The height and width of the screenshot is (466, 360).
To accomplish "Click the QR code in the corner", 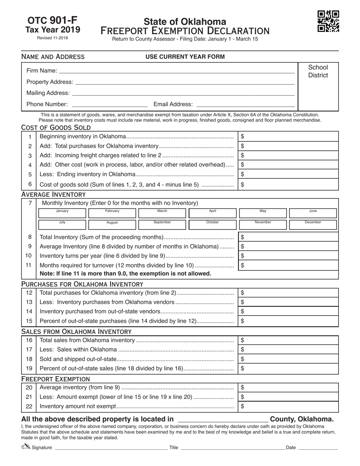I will pos(328,21).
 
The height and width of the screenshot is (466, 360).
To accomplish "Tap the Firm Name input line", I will pos(177,70).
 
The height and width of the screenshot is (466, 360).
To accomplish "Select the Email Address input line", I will pos(245,105).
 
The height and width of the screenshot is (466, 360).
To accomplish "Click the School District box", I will pos(318,86).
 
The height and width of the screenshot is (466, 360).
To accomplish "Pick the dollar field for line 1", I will pos(288,136).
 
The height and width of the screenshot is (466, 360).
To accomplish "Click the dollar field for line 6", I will pos(288,185).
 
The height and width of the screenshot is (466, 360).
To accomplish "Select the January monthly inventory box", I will pos(62,213).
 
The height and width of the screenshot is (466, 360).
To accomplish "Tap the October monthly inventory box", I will pos(212,225).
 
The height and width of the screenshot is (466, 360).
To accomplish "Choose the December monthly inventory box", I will pos(313,225).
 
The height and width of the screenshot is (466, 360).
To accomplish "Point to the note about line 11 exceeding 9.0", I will pos(125,274).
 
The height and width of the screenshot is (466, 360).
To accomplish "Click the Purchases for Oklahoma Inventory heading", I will pos(82,284).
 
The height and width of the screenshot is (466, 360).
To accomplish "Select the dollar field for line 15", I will pos(288,321).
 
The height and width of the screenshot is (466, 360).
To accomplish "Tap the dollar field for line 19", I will pos(288,368).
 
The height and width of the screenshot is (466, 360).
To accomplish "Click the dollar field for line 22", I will pos(288,407).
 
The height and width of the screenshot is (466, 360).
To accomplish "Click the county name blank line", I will pos(223,419).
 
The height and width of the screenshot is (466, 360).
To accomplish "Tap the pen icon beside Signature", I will pos(26,447).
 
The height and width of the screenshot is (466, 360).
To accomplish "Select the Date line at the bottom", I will pos(318,447).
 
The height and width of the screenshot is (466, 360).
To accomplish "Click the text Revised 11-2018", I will pos(53,38).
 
